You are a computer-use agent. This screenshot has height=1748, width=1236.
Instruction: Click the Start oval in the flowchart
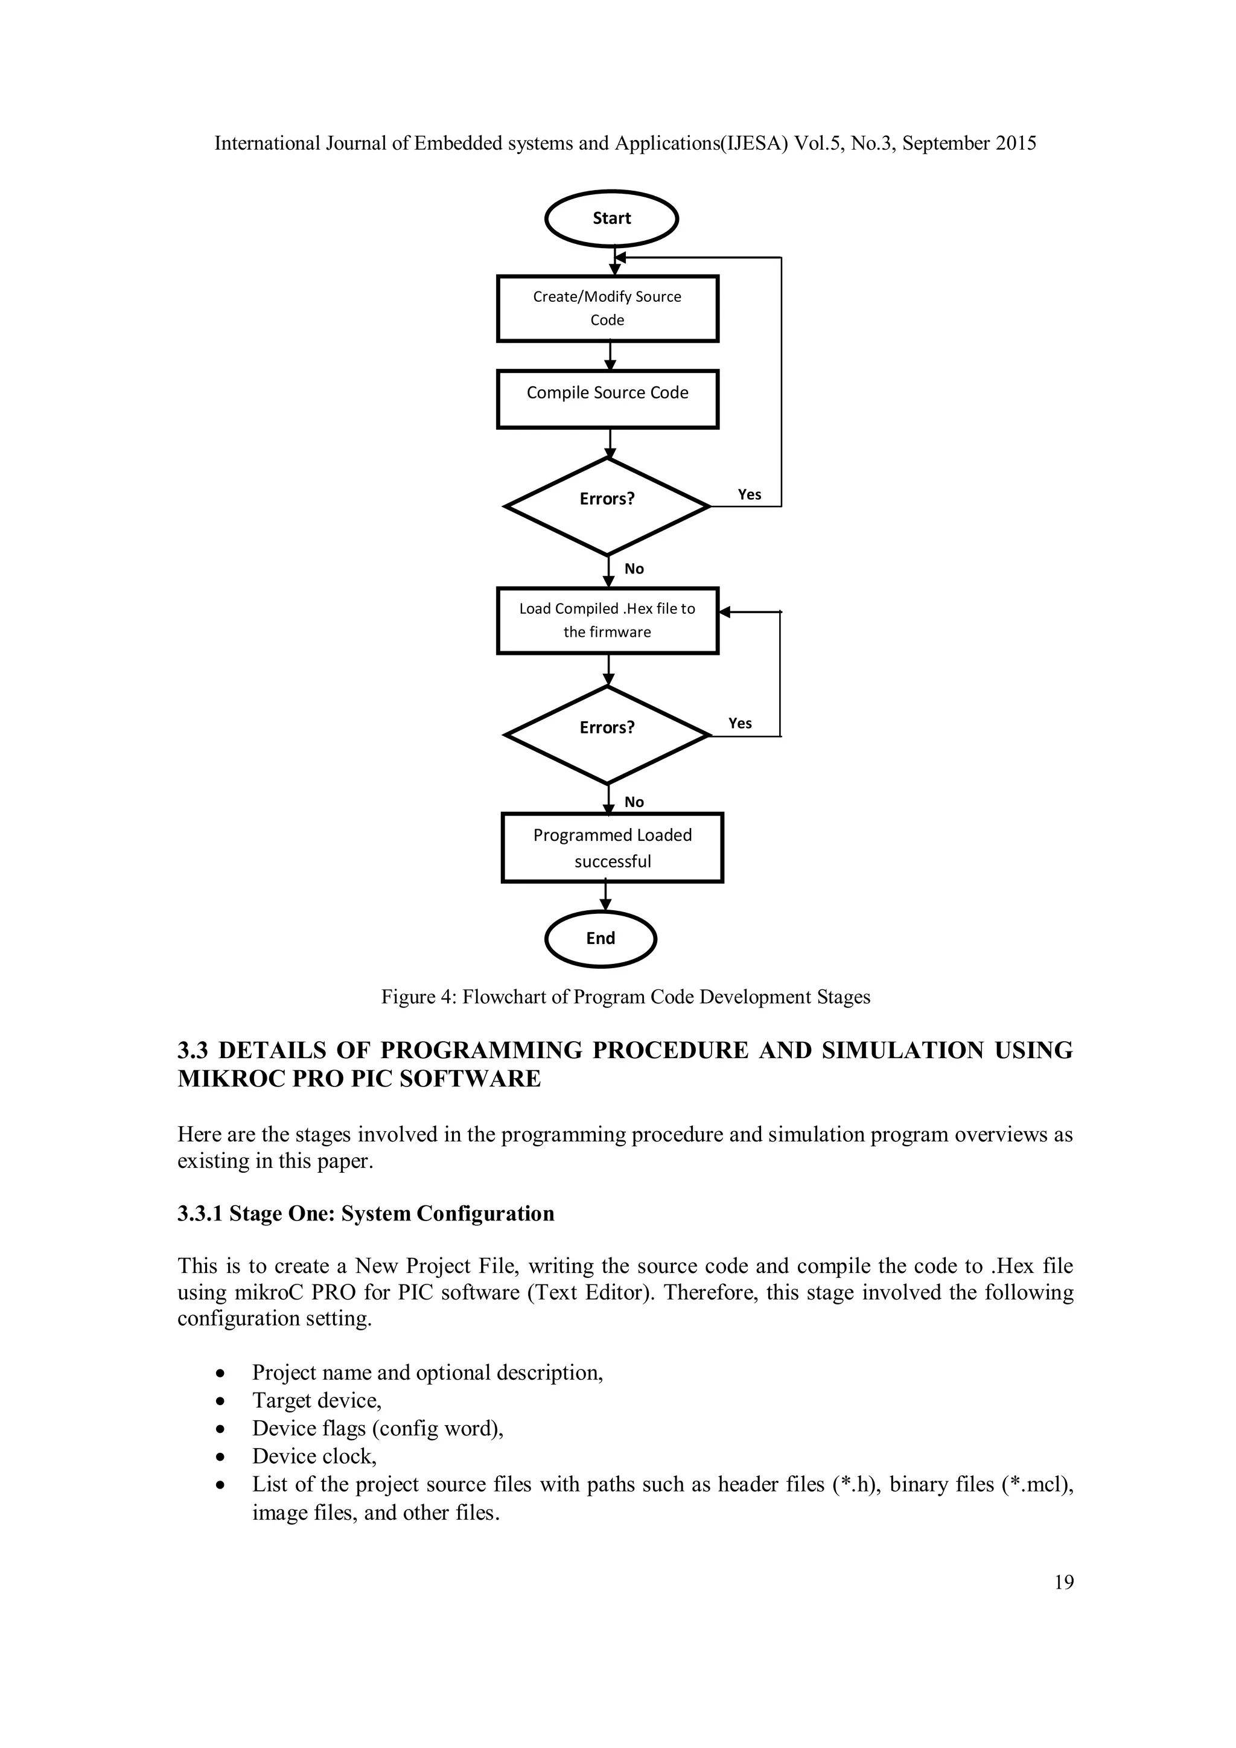click(611, 218)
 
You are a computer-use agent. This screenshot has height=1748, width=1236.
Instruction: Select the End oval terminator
click(600, 938)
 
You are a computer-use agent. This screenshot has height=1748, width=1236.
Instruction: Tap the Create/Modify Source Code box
click(607, 308)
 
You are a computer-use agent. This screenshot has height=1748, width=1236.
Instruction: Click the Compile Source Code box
click(607, 399)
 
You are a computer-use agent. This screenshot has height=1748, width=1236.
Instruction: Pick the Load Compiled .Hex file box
click(607, 620)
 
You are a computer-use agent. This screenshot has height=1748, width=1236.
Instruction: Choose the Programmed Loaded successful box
click(612, 847)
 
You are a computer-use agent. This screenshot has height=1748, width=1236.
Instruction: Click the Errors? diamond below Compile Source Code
click(607, 506)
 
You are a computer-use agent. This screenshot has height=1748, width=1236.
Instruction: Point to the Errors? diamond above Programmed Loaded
click(607, 735)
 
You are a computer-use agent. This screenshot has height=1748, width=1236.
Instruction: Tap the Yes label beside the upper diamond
click(749, 495)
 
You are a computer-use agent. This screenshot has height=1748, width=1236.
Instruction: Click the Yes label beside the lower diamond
click(740, 723)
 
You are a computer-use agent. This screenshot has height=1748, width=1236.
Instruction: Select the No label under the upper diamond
click(634, 569)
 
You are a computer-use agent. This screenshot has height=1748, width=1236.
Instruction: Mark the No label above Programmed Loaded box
click(634, 802)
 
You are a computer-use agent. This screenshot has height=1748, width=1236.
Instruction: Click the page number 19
click(1064, 1582)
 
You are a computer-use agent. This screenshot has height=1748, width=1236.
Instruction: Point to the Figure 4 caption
click(626, 997)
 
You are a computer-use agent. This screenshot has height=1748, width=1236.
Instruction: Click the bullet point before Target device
click(220, 1401)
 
